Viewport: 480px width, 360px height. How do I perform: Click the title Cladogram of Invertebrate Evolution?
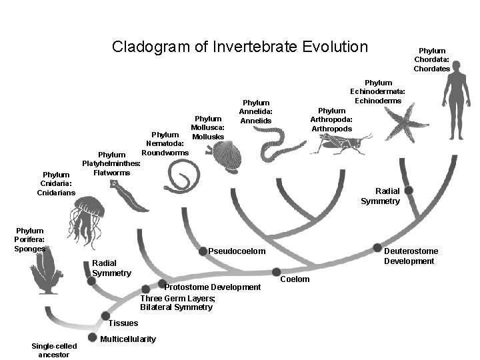239,47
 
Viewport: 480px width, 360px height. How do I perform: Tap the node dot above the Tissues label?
105,315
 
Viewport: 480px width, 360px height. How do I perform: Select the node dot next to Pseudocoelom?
203,251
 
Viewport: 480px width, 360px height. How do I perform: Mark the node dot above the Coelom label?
276,271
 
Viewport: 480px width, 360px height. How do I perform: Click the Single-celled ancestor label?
54,349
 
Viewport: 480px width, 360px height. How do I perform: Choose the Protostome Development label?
212,287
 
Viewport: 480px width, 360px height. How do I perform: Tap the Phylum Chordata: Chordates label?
431,59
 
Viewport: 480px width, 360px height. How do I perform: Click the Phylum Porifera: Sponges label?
30,239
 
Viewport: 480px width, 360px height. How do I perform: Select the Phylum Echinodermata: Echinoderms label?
378,91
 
